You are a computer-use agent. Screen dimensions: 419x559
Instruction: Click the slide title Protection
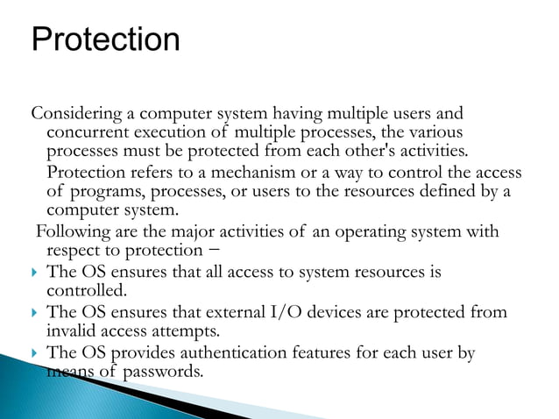(105, 39)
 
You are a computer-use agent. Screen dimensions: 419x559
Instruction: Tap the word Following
(69, 232)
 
